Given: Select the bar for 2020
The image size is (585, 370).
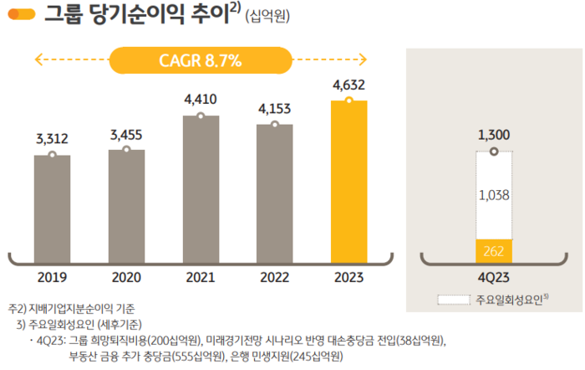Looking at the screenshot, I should (126, 204).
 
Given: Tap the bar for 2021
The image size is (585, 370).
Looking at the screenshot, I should (201, 188).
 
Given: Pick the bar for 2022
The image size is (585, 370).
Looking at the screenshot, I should (275, 193).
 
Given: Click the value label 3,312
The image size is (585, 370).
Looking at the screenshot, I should (52, 138).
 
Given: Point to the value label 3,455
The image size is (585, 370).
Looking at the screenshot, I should (126, 133).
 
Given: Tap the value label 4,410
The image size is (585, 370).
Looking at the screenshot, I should (201, 100).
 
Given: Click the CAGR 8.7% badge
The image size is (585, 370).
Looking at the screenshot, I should (200, 59).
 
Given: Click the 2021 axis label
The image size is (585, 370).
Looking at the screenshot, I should (201, 277).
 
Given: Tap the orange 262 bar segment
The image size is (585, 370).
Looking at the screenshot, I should (493, 249).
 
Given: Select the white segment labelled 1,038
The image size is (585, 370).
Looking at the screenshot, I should (493, 195).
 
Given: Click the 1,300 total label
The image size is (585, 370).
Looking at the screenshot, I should (493, 134).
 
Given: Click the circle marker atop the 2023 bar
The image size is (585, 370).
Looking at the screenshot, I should (349, 101).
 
